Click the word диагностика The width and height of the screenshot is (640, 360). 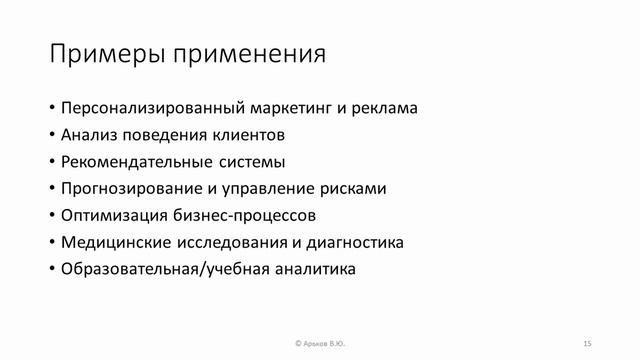[x=354, y=242]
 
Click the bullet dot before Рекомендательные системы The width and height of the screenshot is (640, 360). [x=51, y=162]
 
